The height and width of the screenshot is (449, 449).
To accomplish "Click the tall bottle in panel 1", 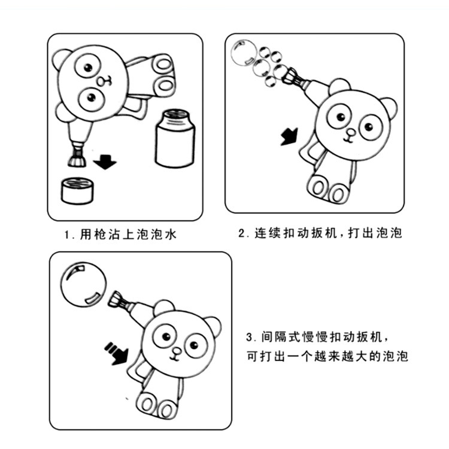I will tap(175, 138).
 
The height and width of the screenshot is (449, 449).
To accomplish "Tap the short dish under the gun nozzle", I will tap(76, 190).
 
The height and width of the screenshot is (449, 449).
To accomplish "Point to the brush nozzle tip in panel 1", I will tap(76, 158).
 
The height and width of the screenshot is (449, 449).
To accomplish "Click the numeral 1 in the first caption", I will tap(67, 235).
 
